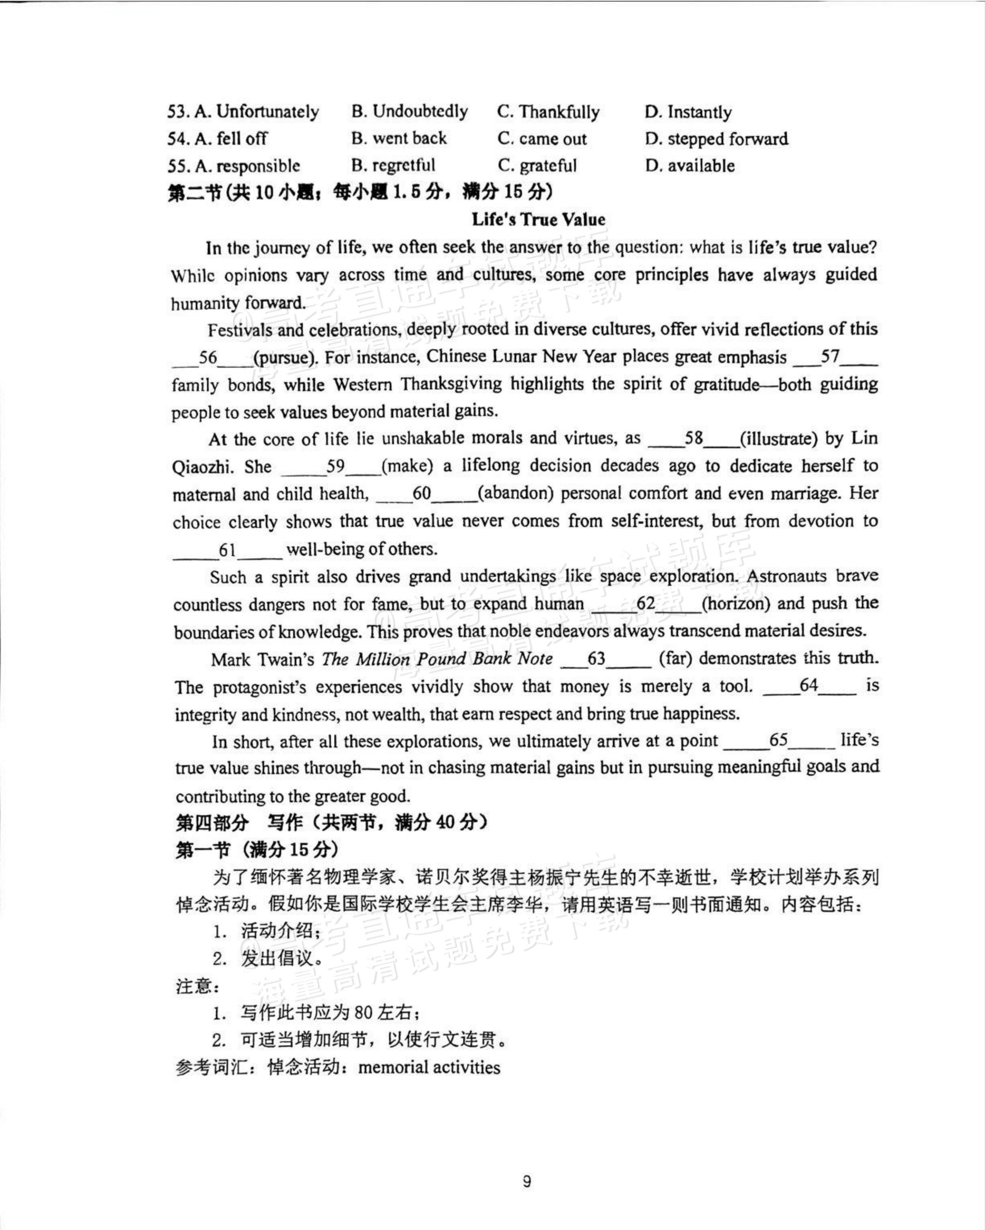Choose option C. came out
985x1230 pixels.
(x=542, y=139)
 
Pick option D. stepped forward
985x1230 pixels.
(x=716, y=139)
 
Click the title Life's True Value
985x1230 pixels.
(x=538, y=220)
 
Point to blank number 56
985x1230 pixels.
(x=208, y=358)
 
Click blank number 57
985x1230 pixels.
(x=830, y=357)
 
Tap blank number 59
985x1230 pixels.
(x=336, y=467)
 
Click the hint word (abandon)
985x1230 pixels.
(x=515, y=494)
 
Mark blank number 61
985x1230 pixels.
(x=227, y=550)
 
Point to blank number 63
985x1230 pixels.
(x=596, y=659)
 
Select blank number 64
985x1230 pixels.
(x=809, y=686)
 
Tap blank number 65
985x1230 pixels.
(x=779, y=741)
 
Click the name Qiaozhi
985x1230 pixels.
(x=203, y=467)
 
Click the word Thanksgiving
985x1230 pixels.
(x=450, y=385)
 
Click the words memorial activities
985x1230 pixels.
(x=429, y=1067)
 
